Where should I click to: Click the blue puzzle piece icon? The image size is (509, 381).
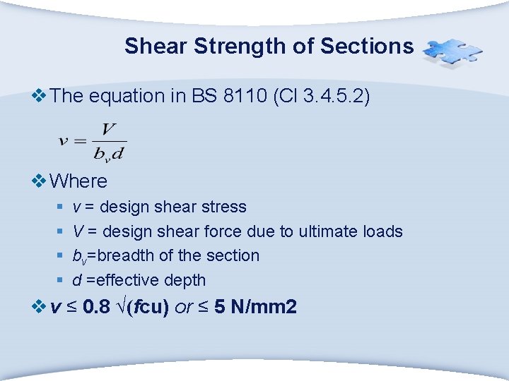coord(452,52)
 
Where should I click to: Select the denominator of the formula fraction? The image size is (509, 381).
coord(110,152)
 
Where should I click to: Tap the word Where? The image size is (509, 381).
coord(79,181)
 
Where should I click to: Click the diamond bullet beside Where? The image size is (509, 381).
coord(40,181)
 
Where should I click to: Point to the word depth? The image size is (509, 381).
coord(185,280)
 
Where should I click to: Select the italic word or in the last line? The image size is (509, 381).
coord(183,308)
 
